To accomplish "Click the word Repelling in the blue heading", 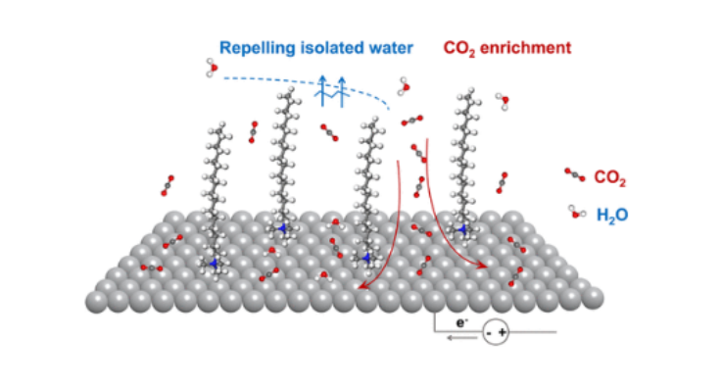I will click(252, 47).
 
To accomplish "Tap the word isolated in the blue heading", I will click(324, 47).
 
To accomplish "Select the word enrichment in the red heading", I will click(529, 47).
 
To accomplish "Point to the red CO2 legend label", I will click(610, 179).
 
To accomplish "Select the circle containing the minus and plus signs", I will click(496, 333).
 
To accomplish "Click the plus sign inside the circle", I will click(504, 333).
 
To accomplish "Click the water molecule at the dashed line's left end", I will click(212, 67).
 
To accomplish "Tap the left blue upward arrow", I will click(323, 89).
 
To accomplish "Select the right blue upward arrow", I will click(342, 89).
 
